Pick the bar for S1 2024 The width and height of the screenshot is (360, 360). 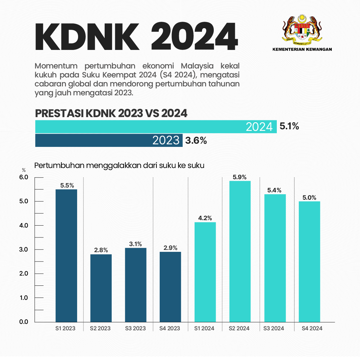(205, 272)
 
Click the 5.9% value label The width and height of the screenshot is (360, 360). (240, 177)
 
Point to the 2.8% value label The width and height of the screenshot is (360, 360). (101, 250)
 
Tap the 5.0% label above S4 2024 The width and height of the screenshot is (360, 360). (309, 197)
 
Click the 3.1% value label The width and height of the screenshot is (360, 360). (135, 244)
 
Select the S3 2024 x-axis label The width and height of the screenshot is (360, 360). (274, 328)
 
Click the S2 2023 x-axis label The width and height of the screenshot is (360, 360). (100, 328)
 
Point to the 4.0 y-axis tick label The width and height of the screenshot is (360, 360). (24, 226)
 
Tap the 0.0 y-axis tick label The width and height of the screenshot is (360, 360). (24, 322)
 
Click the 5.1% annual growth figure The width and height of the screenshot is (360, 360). (289, 126)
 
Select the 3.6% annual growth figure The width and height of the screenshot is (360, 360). (196, 140)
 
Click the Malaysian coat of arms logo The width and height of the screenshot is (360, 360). (302, 29)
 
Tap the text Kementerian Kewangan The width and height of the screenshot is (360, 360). (302, 49)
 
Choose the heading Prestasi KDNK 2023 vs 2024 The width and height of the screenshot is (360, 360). (111, 113)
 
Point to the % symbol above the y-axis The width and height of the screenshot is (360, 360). (24, 170)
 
